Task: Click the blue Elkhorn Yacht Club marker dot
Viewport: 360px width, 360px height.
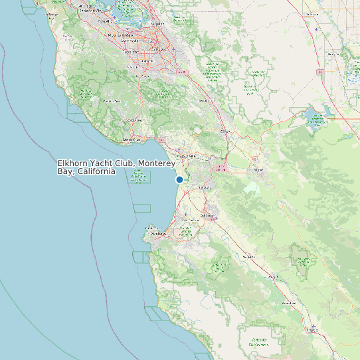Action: coord(179,179)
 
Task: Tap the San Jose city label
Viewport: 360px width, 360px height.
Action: coord(157,48)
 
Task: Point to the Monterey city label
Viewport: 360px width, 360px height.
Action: coord(157,234)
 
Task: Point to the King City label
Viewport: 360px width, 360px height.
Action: coord(311,328)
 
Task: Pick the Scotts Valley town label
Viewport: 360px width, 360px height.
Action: coord(135,120)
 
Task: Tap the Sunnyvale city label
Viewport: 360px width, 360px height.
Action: coord(133,39)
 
